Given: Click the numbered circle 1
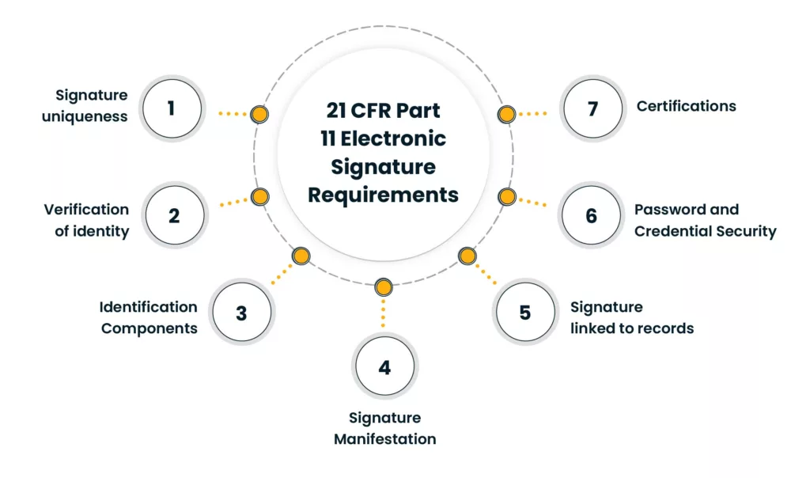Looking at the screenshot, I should pyautogui.click(x=171, y=108).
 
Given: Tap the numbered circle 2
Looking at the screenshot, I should pyautogui.click(x=173, y=214).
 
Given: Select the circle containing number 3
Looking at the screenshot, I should pyautogui.click(x=241, y=313).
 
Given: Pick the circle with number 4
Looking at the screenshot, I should pyautogui.click(x=384, y=367).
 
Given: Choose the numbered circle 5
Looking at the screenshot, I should pyautogui.click(x=525, y=312).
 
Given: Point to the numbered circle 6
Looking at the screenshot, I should pyautogui.click(x=592, y=215).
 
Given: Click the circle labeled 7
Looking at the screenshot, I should pyautogui.click(x=592, y=108).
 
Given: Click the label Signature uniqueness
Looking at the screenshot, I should pyautogui.click(x=91, y=106).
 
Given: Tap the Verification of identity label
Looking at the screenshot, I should pyautogui.click(x=86, y=220).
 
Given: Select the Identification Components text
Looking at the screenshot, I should pyautogui.click(x=149, y=317).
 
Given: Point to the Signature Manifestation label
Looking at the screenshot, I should pyautogui.click(x=384, y=428).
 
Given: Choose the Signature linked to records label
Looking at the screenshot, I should pyautogui.click(x=631, y=317).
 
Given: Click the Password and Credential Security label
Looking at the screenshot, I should pyautogui.click(x=705, y=220).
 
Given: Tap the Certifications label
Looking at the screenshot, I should pyautogui.click(x=686, y=106).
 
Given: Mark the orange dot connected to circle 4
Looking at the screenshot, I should pyautogui.click(x=383, y=286).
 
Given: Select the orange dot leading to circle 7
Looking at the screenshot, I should pyautogui.click(x=506, y=114).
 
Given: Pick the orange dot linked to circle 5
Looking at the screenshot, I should pyautogui.click(x=467, y=256).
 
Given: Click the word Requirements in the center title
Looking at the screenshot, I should pyautogui.click(x=383, y=195).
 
